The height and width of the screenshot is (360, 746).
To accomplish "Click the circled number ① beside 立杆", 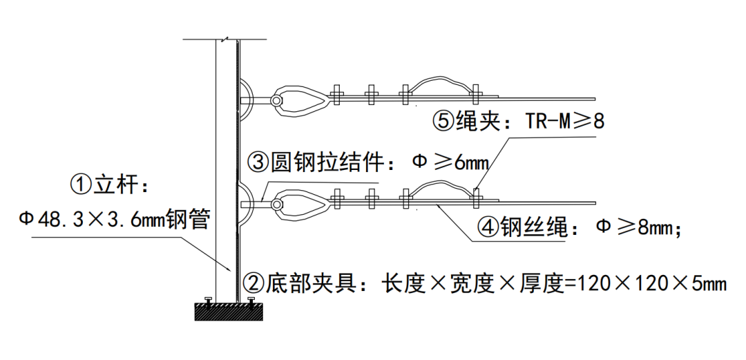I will coord(82,184).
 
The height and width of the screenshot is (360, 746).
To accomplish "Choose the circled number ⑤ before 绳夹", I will coord(443,122).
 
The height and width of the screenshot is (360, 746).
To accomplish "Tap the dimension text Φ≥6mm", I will coord(450,163).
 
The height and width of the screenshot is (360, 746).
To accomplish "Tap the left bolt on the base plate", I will coord(207,301).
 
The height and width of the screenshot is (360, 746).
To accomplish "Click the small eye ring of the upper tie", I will coord(276,101).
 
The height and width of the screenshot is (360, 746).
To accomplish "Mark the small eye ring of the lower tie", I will coord(276,204).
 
